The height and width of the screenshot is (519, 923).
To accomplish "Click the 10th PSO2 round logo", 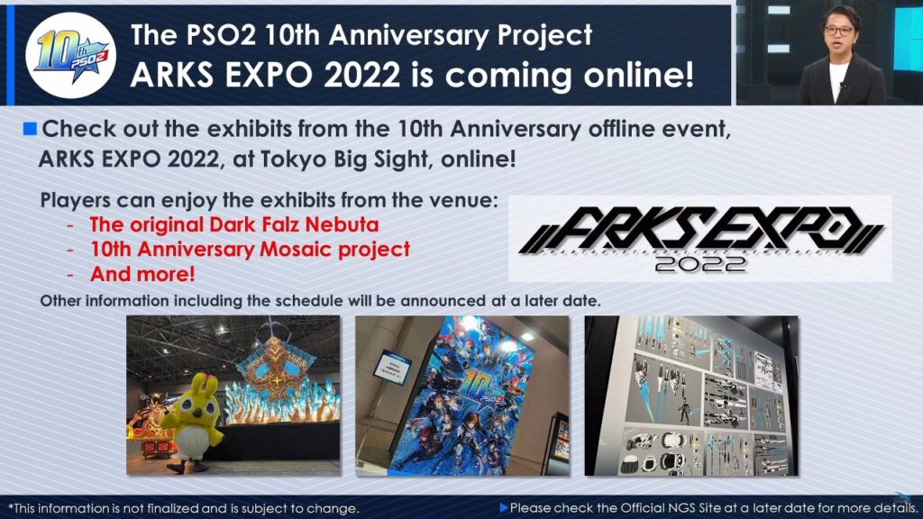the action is (x=71, y=56).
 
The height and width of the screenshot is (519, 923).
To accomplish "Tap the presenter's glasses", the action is (x=838, y=30).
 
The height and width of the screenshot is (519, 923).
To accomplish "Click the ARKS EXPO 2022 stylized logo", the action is (x=700, y=238).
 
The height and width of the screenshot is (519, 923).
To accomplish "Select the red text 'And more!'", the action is (x=142, y=274).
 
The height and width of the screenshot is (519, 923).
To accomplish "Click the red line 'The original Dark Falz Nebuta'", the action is (x=234, y=224).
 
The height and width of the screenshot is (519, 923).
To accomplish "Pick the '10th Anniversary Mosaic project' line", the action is (x=251, y=249).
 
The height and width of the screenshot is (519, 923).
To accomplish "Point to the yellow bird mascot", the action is (x=191, y=422).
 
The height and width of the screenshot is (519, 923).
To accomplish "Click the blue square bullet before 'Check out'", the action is (x=30, y=128).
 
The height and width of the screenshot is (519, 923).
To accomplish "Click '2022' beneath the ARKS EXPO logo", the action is (x=700, y=264).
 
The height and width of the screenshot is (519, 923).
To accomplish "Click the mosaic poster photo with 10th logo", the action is (x=462, y=396).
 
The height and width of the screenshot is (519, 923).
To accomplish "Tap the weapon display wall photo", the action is (x=691, y=396).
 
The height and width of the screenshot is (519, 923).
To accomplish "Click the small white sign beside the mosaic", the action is (x=393, y=368).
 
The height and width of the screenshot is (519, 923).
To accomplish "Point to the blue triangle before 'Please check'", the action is (x=503, y=507).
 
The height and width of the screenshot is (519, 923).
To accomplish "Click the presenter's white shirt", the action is (x=837, y=81).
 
